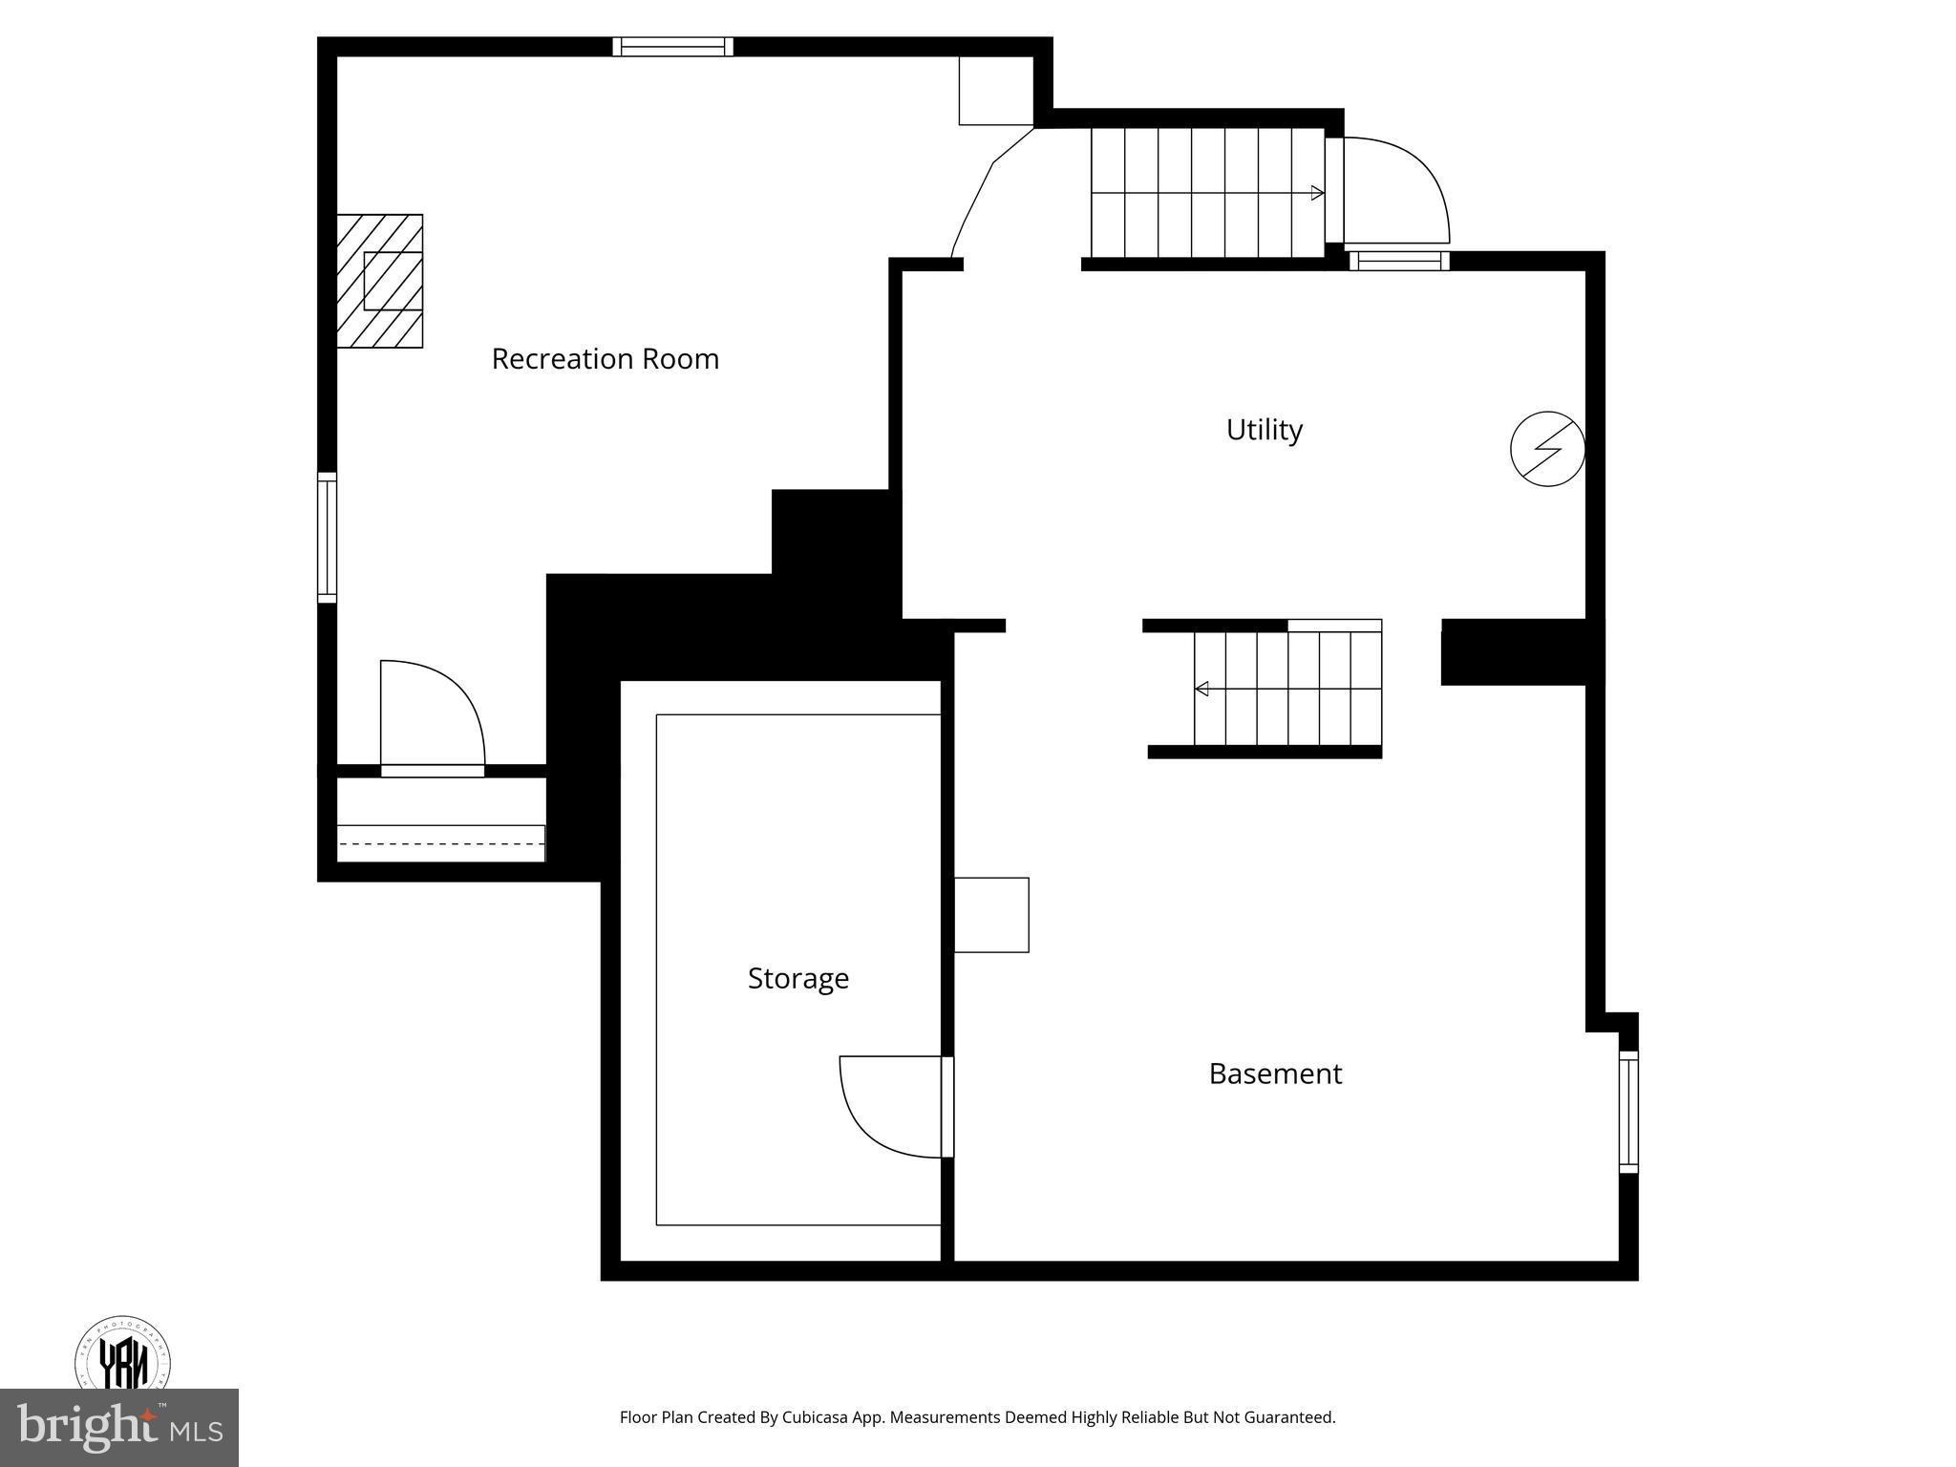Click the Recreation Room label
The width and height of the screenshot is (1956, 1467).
pyautogui.click(x=605, y=359)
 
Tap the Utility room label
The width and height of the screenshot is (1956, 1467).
pyautogui.click(x=1264, y=430)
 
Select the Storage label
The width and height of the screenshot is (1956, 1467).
pyautogui.click(x=797, y=978)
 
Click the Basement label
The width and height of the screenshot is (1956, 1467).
pyautogui.click(x=1275, y=1074)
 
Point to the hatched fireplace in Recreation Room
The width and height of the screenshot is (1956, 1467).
pyautogui.click(x=380, y=281)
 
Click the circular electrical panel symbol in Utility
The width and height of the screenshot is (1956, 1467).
pyautogui.click(x=1547, y=449)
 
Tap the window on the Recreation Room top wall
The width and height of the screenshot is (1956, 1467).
pyautogui.click(x=672, y=47)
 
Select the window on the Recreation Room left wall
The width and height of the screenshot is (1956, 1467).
pyautogui.click(x=327, y=538)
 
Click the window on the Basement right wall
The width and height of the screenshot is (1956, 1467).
pyautogui.click(x=1628, y=1112)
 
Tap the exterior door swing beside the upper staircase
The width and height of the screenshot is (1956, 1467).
pyautogui.click(x=1396, y=189)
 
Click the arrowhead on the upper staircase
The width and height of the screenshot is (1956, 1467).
pyautogui.click(x=1318, y=193)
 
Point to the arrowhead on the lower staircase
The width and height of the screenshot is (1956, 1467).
pyautogui.click(x=1201, y=689)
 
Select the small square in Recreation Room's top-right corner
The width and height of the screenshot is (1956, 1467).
pyautogui.click(x=995, y=90)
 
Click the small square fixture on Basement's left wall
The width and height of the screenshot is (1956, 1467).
pyautogui.click(x=991, y=914)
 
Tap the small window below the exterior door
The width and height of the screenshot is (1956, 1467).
pyautogui.click(x=1398, y=261)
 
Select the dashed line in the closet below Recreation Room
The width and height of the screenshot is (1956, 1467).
pyautogui.click(x=440, y=843)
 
